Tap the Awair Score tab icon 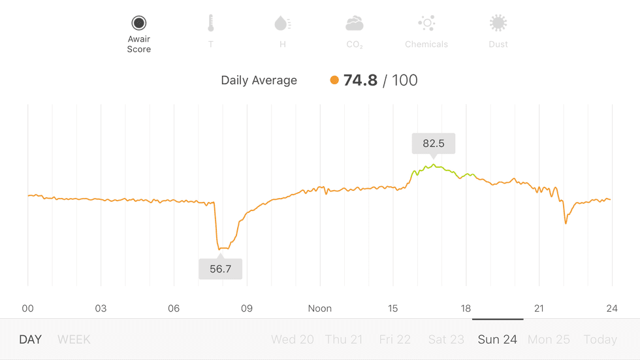click(x=138, y=24)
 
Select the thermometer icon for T click(x=210, y=24)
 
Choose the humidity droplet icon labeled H click(x=282, y=24)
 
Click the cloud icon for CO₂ click(x=355, y=24)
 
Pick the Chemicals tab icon click(x=426, y=24)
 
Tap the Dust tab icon click(x=498, y=24)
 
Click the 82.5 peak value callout click(x=434, y=143)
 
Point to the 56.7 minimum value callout click(x=221, y=269)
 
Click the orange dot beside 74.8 click(x=334, y=80)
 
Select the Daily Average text click(x=259, y=80)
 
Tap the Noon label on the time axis click(x=320, y=308)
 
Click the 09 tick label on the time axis click(x=247, y=308)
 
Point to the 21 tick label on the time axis click(x=539, y=308)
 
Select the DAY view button click(x=30, y=340)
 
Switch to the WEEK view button click(x=74, y=340)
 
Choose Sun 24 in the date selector click(x=498, y=340)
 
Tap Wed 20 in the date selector click(x=293, y=340)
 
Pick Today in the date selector click(x=600, y=340)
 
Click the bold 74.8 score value click(x=360, y=80)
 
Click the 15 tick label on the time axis click(x=392, y=308)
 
